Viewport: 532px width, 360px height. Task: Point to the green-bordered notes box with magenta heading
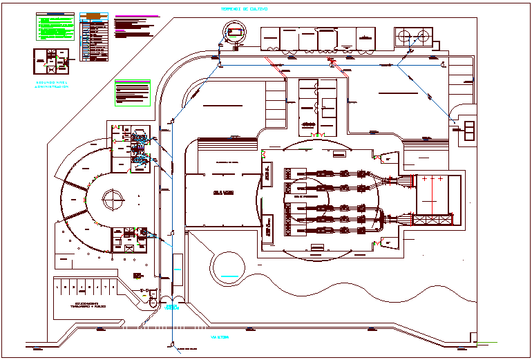point(133,93)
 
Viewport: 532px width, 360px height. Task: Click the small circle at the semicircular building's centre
point(112,200)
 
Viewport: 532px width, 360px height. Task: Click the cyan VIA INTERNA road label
point(219,338)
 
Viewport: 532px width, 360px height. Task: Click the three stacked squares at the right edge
point(470,131)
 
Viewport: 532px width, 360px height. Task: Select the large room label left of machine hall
point(222,193)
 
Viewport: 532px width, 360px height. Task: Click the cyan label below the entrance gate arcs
point(171,306)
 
